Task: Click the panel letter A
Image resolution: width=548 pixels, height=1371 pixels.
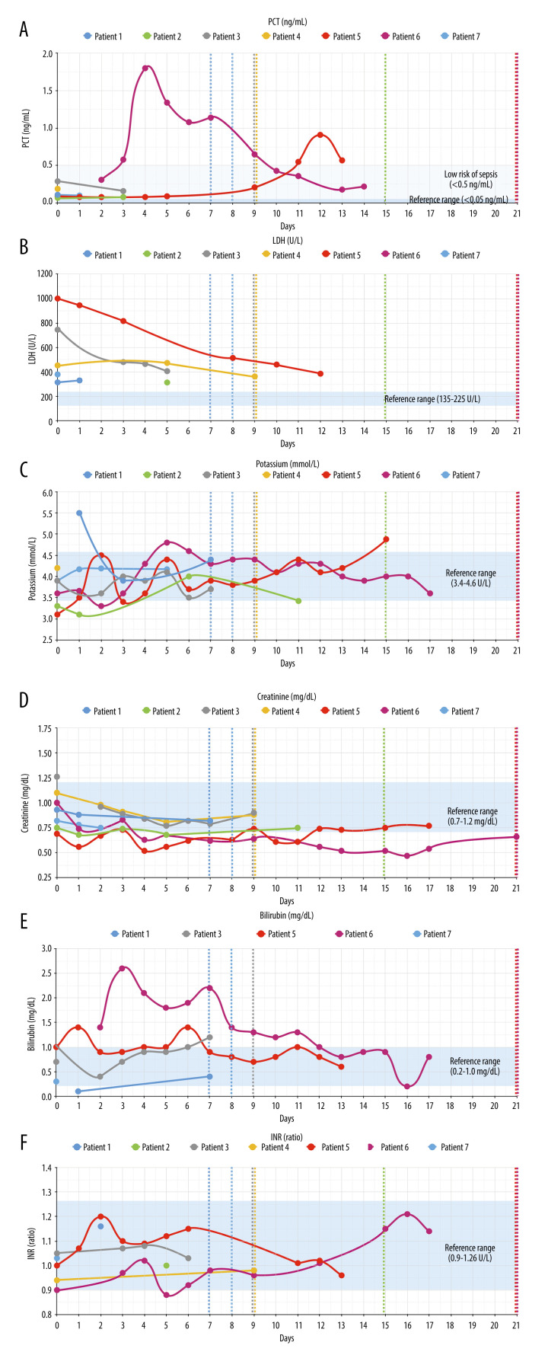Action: coord(24,30)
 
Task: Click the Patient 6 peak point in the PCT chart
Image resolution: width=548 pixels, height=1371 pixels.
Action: coord(145,69)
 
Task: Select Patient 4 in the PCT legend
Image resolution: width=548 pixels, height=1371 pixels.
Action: coord(285,37)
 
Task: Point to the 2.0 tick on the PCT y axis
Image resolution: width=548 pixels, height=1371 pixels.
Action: coord(48,54)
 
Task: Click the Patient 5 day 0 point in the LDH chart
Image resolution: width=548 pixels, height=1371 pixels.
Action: coord(57,299)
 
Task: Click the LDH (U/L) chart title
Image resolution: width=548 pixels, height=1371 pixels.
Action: coord(287,241)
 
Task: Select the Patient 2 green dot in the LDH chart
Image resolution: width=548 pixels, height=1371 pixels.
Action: coord(167,382)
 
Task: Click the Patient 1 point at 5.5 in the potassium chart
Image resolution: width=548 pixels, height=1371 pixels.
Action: coord(79,513)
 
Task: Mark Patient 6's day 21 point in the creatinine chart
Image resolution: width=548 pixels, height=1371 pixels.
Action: coord(516,837)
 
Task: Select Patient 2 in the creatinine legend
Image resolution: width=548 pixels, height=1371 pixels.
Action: coord(166,711)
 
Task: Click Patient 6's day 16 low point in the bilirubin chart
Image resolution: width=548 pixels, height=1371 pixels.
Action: coord(407,1087)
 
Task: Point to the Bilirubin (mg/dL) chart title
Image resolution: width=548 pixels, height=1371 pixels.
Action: coord(286,916)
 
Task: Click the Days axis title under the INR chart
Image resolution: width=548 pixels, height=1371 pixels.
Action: coord(286,1338)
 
